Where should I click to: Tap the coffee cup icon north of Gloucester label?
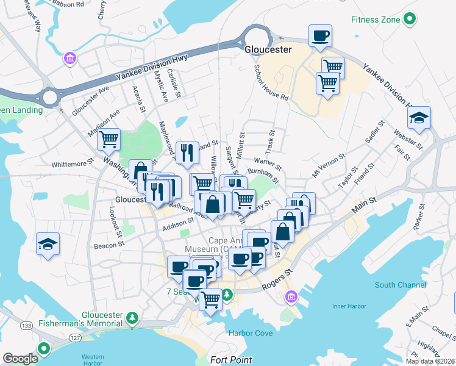point(320,36)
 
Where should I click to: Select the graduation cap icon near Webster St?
point(419,118)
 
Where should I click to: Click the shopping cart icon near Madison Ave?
point(109,140)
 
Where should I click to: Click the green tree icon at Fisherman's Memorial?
point(132,317)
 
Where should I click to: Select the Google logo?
point(21,359)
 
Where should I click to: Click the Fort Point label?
point(232,360)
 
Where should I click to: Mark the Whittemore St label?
point(72,163)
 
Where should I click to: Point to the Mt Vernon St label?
point(329,165)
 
